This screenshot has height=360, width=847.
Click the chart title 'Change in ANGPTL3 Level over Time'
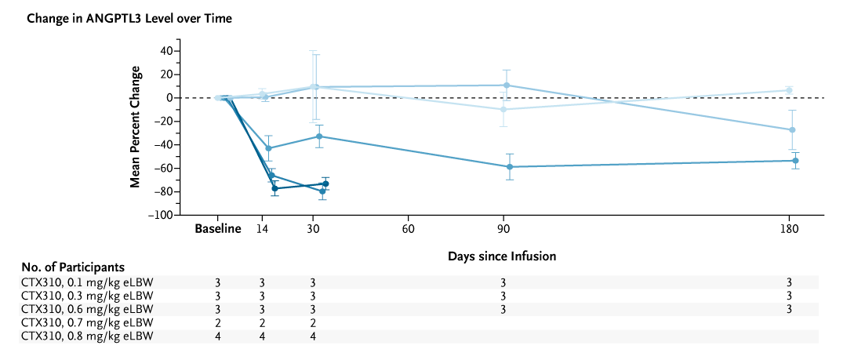[129, 18]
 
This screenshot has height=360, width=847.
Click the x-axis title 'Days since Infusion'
[502, 256]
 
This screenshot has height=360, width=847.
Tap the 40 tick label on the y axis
[165, 51]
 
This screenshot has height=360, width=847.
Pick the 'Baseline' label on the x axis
[218, 230]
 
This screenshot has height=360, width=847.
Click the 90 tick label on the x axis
[503, 230]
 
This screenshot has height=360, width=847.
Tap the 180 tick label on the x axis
[789, 230]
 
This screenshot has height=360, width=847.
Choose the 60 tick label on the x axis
[408, 230]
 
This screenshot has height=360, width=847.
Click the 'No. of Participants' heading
[75, 267]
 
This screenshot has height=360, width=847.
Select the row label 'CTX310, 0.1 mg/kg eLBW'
[88, 282]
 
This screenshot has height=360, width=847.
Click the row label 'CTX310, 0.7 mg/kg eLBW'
[88, 322]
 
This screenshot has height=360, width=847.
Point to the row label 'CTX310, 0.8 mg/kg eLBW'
[88, 336]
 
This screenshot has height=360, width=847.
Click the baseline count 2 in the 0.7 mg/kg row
[218, 322]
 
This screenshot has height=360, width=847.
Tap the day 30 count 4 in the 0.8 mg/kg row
[313, 336]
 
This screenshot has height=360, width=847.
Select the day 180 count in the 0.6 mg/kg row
[789, 309]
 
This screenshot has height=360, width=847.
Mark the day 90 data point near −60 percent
[510, 167]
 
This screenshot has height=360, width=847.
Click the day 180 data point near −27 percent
[792, 130]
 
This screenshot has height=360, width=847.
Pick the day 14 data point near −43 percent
[269, 148]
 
